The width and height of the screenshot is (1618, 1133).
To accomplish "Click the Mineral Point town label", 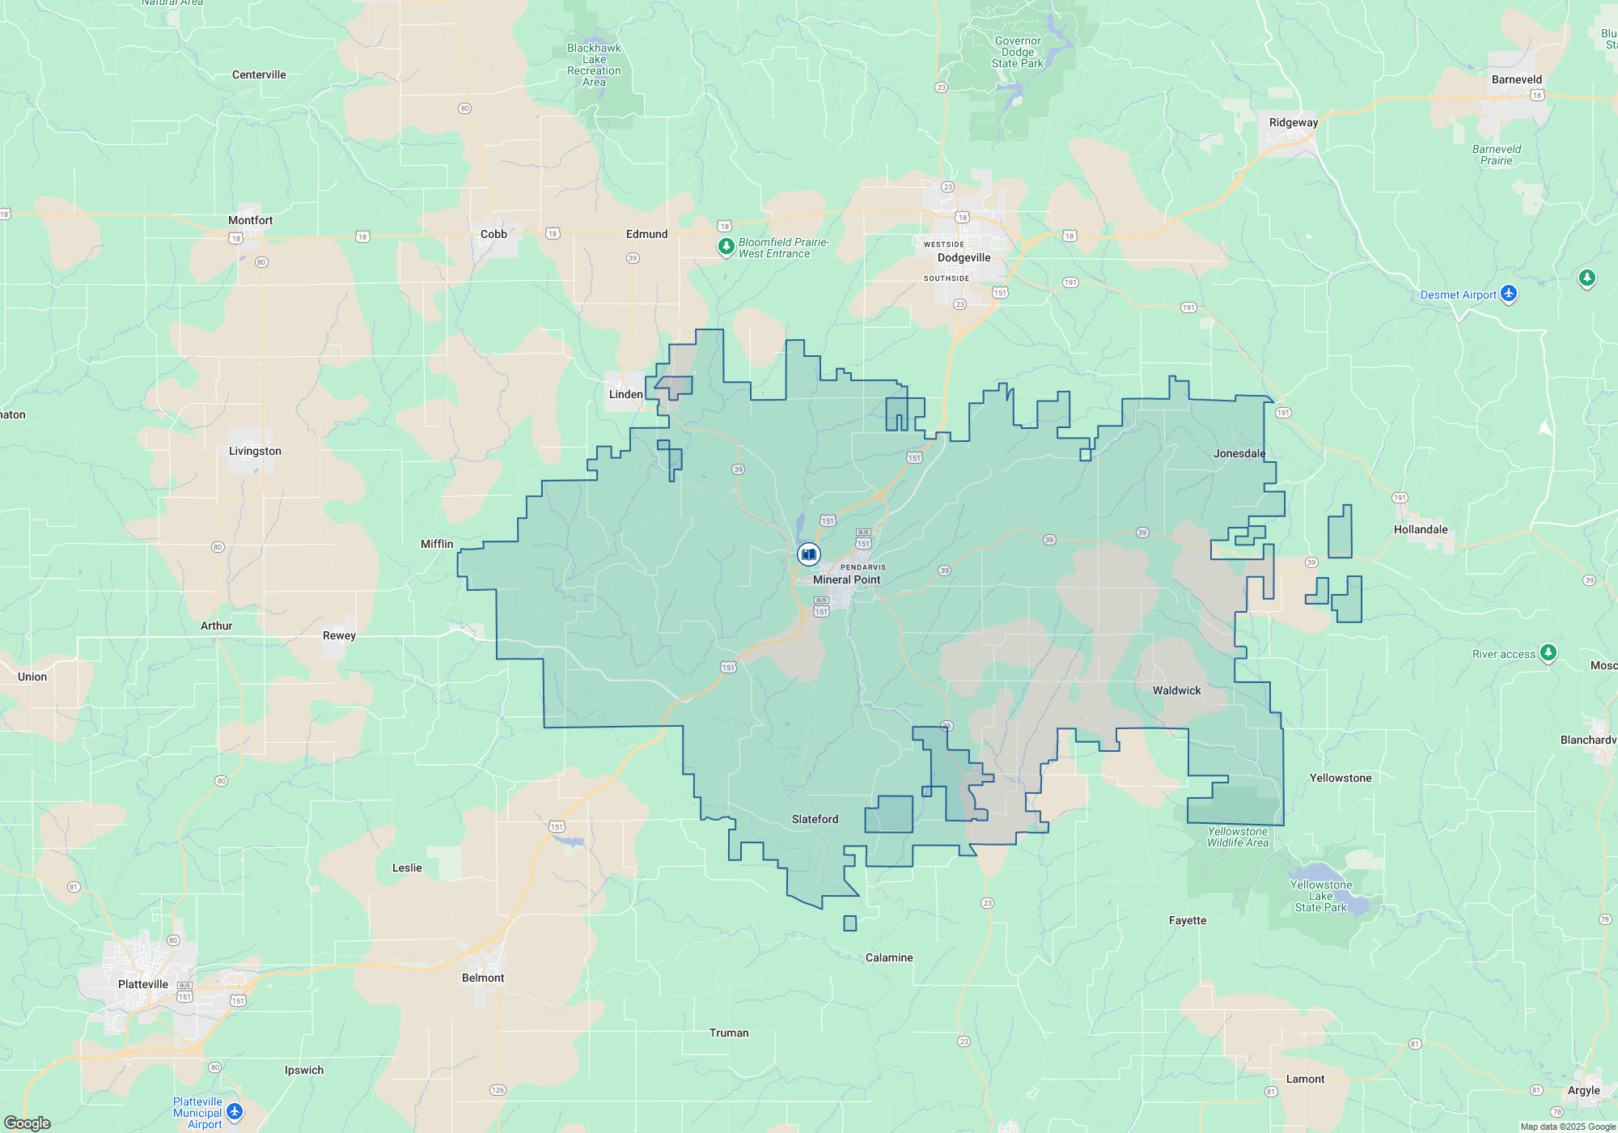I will point(846,579).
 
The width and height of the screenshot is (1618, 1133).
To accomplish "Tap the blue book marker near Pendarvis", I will point(808,554).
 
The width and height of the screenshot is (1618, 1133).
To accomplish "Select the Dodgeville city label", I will point(964,257).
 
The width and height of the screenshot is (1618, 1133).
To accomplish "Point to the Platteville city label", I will point(143,984).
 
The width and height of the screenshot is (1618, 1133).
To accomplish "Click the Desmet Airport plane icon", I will point(1508,294).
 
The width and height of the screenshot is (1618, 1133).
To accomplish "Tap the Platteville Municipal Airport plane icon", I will point(234,1112).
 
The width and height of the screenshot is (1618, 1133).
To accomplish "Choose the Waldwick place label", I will point(1176,690).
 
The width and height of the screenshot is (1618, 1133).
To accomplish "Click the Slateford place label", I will point(815,819).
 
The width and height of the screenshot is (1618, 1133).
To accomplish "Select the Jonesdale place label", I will point(1239,453).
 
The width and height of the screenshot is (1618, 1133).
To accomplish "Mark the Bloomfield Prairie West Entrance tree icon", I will point(726,246).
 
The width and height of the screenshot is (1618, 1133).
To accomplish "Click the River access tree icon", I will point(1548,652).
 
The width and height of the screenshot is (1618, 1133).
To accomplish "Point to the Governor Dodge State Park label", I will point(1018,52).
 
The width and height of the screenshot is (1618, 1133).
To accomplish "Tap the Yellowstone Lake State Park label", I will point(1320,896).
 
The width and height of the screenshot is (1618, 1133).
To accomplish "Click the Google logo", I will point(28,1122).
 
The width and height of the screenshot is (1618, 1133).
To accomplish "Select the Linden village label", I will point(625,394).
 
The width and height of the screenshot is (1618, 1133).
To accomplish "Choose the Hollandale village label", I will point(1420,529).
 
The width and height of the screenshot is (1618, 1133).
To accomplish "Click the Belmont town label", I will point(483,978).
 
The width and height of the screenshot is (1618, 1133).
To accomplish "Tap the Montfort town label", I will point(250,220).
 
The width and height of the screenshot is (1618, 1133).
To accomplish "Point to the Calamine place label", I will point(889,957).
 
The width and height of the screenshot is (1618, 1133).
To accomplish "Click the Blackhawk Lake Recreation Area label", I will point(594,65).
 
